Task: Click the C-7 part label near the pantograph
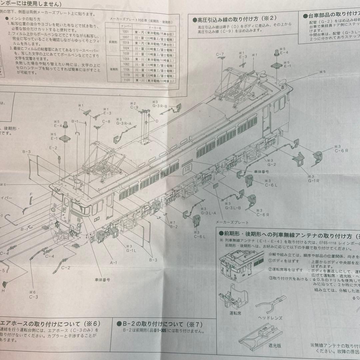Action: pos(220,54)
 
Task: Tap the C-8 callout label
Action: pos(106,121)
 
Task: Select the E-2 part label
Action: pos(53,148)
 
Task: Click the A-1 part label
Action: pos(113,262)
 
